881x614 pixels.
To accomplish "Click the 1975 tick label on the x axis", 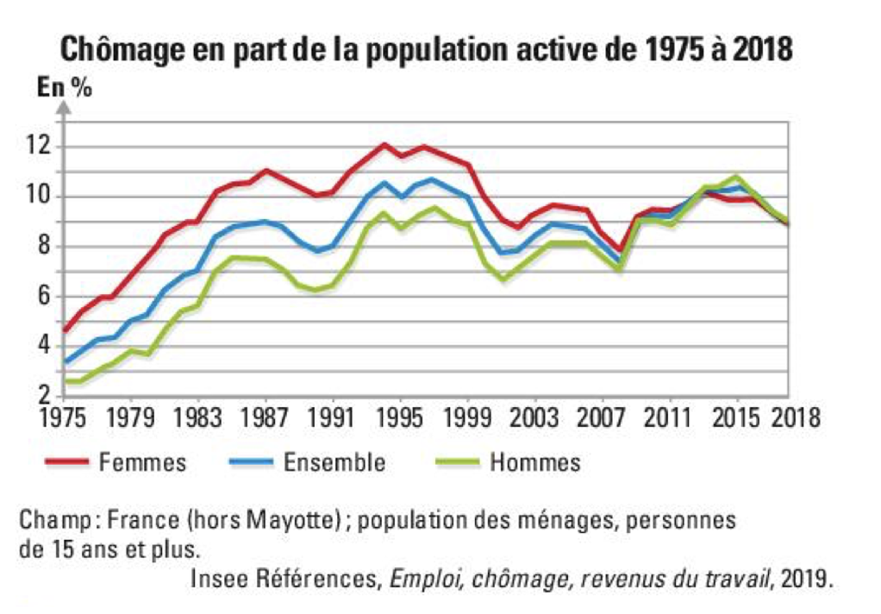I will coord(64,419).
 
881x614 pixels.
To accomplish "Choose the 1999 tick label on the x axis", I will coord(467,419).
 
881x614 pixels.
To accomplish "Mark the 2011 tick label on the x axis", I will coord(670,419).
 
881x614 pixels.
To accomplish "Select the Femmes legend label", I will coord(143,462).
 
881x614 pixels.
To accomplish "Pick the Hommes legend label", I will coord(535,462).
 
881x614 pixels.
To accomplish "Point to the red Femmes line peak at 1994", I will coord(384,144).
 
